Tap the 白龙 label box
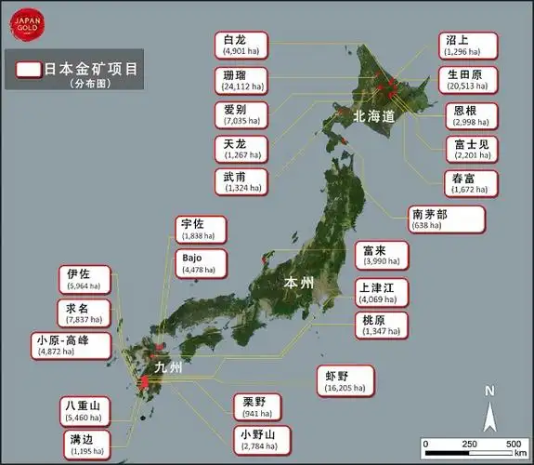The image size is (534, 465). tap(241, 45)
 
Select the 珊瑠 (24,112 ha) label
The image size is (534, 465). tap(241, 80)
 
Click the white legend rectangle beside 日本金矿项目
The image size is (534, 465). tap(29, 69)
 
